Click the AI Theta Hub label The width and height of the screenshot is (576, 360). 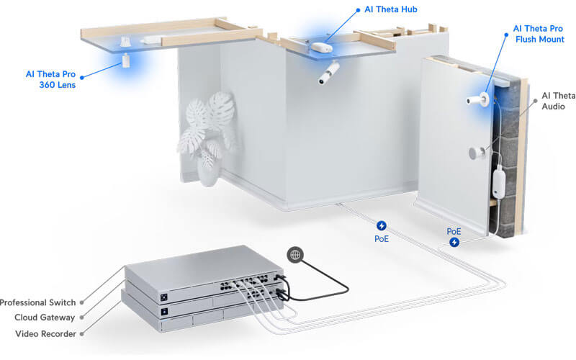(390, 9)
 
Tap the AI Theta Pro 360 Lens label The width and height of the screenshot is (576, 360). (50, 79)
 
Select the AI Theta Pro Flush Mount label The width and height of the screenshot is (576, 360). (539, 34)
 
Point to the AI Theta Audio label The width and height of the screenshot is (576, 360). (559, 101)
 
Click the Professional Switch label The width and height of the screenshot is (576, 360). (37, 302)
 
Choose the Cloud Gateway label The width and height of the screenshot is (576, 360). (45, 318)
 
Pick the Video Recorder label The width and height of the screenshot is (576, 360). (45, 333)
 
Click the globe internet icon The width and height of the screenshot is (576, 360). (295, 255)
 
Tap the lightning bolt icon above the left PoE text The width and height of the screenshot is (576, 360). (382, 225)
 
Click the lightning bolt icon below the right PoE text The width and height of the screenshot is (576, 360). (454, 242)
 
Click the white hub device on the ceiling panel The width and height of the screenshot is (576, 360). (322, 48)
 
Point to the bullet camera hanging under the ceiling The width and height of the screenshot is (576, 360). (328, 73)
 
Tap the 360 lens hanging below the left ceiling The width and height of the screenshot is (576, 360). (125, 60)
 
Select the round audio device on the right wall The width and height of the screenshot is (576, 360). (477, 153)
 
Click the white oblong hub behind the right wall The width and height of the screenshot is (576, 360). (499, 182)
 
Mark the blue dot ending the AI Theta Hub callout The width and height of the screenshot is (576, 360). (358, 10)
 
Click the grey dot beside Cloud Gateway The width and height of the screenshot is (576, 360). (82, 318)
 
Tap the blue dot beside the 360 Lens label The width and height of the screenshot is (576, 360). (82, 77)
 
